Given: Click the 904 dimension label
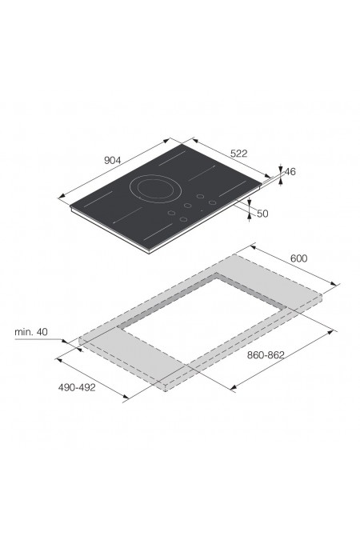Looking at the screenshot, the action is (x=112, y=160).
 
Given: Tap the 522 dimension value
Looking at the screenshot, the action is (x=238, y=154).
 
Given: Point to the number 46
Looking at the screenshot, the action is (x=290, y=171).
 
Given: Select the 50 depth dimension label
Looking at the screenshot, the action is (x=262, y=214).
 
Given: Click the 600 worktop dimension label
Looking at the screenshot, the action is (x=298, y=258).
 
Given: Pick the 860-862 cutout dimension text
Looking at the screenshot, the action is (x=266, y=355).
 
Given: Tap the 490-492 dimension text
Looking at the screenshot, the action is (x=77, y=387).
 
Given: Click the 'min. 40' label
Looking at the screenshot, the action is (x=31, y=332).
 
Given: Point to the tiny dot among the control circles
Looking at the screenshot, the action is (x=202, y=210).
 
